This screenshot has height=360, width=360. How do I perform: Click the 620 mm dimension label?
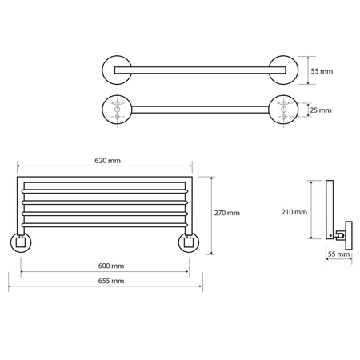click(107, 161)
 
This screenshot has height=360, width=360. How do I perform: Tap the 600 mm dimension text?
click(111, 266)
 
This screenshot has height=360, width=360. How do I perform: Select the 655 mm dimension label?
click(111, 281)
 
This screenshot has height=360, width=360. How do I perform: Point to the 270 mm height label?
click(227, 213)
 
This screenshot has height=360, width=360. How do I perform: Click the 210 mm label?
click(294, 212)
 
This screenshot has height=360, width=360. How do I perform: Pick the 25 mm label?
click(321, 110)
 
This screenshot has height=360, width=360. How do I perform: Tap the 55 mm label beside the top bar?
click(322, 71)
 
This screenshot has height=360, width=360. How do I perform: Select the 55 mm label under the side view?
click(338, 254)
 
